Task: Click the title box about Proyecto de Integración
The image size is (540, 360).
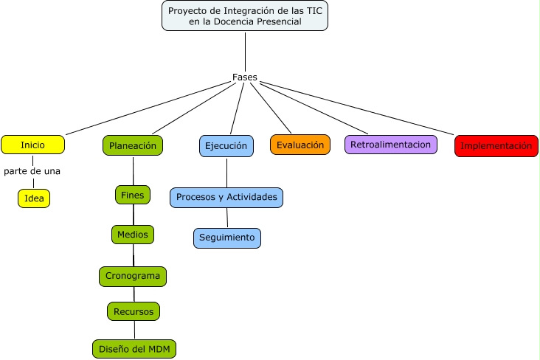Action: click(x=245, y=16)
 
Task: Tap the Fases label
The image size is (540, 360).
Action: click(x=244, y=77)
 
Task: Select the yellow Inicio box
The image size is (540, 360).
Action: click(x=32, y=145)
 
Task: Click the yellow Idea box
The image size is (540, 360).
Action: click(x=34, y=198)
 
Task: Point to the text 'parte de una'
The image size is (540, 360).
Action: click(x=32, y=171)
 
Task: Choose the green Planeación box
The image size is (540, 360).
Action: click(x=133, y=145)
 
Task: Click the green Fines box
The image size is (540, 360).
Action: click(x=133, y=195)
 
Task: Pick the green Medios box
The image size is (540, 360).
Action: click(x=133, y=235)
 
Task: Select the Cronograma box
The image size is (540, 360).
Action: click(x=133, y=276)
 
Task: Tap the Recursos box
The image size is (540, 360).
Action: click(x=133, y=311)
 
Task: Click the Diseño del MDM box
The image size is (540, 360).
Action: click(x=134, y=348)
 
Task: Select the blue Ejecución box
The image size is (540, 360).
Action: click(x=226, y=145)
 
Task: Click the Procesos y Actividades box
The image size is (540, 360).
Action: click(x=226, y=197)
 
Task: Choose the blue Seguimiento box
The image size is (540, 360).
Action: click(x=227, y=238)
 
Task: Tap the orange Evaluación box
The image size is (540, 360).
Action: click(x=300, y=145)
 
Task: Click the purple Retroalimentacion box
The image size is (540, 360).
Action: click(x=390, y=145)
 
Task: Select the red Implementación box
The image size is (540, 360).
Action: click(x=496, y=146)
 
